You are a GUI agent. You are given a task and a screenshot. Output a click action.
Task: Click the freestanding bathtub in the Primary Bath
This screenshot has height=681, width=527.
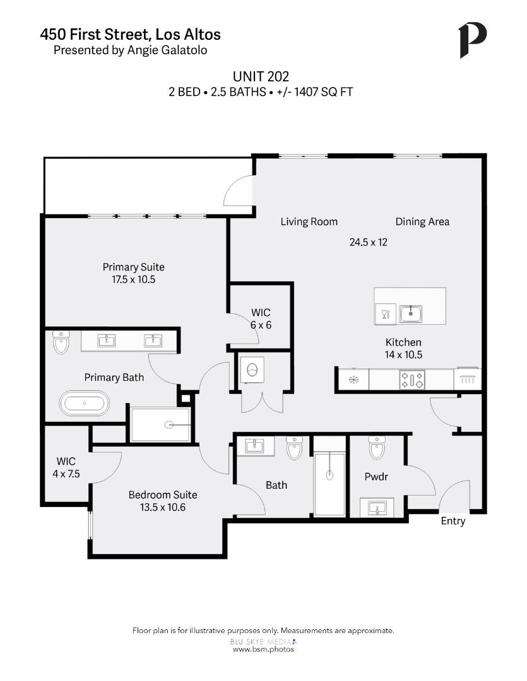84,402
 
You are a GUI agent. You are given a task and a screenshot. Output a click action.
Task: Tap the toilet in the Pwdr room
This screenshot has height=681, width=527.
377,448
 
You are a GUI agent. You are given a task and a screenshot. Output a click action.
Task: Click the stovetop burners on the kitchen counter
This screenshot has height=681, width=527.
412,380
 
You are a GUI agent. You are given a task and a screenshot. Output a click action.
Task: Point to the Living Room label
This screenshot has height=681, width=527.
309,222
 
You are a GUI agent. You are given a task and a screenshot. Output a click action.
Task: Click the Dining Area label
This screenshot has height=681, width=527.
422,222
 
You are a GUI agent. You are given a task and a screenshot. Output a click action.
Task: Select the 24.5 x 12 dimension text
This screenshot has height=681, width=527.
368,242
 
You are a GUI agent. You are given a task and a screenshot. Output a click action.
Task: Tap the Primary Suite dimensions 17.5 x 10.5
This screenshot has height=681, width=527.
133,279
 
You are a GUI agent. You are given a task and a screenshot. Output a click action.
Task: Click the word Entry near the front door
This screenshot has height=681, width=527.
453,521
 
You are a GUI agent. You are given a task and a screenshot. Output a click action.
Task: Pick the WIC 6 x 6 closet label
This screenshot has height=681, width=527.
261,318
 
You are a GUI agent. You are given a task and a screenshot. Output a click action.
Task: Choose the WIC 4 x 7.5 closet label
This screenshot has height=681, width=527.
67,467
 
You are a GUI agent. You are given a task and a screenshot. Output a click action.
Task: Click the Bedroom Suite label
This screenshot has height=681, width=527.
163,495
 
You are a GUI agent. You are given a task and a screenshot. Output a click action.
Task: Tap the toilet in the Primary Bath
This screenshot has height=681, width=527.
61,342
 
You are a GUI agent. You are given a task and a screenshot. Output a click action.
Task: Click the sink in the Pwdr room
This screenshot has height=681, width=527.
377,508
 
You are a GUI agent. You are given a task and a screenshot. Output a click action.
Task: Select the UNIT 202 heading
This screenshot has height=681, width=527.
261,76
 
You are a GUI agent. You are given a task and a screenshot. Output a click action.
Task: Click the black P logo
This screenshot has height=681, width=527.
473,40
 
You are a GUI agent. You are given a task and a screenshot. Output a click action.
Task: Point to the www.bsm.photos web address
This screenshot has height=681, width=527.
263,649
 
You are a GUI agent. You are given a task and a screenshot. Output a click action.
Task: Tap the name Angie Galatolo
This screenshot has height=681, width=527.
167,50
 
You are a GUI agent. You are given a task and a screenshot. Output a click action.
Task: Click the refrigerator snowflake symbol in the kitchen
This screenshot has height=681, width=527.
353,380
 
